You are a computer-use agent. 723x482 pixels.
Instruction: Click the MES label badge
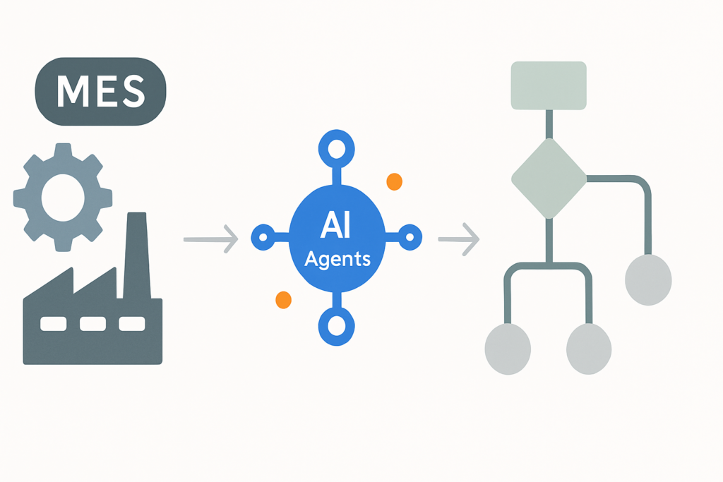[100, 91]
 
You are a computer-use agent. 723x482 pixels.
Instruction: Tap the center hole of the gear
[63, 198]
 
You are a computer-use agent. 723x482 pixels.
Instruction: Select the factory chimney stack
[137, 255]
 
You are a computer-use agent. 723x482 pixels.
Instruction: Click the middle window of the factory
[92, 323]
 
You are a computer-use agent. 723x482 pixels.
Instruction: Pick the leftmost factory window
[54, 323]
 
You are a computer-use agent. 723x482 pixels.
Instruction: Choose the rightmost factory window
[132, 323]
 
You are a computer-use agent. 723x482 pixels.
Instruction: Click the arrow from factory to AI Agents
[210, 239]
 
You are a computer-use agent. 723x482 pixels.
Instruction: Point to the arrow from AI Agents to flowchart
[459, 239]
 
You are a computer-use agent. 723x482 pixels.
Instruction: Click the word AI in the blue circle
[335, 225]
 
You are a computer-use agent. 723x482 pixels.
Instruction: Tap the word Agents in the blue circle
[337, 259]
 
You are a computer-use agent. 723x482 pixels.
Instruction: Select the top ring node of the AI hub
[337, 149]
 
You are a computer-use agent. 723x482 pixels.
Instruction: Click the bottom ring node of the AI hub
[337, 326]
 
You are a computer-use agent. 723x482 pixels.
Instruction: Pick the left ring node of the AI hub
[263, 237]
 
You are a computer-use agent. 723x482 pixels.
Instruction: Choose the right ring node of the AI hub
[410, 237]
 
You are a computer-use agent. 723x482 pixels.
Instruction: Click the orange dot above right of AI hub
[394, 181]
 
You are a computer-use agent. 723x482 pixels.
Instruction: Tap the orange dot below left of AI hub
[284, 300]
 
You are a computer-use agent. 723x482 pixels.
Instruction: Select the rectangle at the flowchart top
[549, 85]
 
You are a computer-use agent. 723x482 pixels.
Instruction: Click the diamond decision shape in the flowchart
[549, 179]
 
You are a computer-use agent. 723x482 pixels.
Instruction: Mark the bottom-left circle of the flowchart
[508, 349]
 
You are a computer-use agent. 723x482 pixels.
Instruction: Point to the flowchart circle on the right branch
[648, 279]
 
